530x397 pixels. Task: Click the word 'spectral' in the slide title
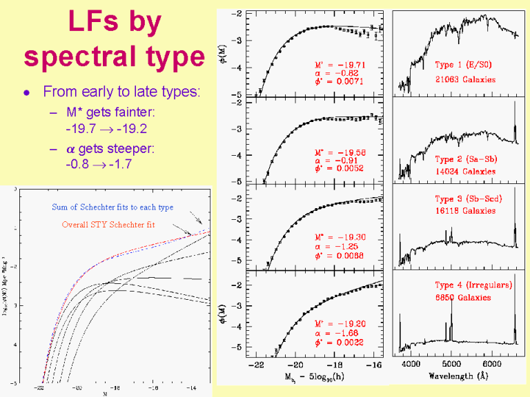(x=71, y=57)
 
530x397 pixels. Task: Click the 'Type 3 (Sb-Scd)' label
(x=468, y=199)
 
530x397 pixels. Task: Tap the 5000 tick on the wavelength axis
(x=451, y=363)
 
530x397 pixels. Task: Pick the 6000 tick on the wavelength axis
(x=491, y=363)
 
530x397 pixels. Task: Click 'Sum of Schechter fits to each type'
(x=112, y=207)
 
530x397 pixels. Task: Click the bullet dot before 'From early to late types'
(x=27, y=92)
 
